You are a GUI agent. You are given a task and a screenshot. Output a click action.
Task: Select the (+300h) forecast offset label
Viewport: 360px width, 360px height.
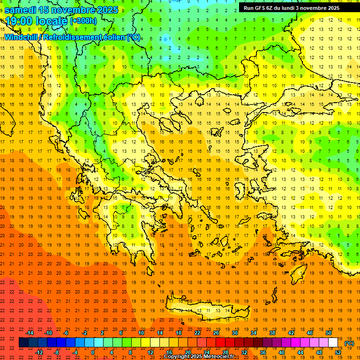(x=83, y=21)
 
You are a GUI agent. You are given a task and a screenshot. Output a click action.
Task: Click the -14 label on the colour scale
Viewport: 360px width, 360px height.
(x=30, y=333)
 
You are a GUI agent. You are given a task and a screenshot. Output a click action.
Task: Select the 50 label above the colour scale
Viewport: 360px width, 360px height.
(x=329, y=333)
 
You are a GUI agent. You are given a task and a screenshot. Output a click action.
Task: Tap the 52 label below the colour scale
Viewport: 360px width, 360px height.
(x=338, y=352)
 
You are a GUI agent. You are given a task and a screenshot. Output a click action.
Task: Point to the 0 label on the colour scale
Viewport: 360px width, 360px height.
(x=93, y=352)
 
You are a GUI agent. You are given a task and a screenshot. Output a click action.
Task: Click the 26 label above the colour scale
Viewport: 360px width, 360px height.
(x=216, y=333)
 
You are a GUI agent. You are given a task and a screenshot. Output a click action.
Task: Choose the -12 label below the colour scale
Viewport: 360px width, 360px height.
(x=39, y=352)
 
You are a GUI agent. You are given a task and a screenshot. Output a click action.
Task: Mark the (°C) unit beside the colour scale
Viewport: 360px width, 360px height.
(x=349, y=343)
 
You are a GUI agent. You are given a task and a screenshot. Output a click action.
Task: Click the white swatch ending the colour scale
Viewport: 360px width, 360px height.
(x=333, y=343)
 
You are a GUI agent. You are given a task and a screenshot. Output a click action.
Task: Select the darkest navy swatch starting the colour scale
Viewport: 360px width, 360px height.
(x=23, y=343)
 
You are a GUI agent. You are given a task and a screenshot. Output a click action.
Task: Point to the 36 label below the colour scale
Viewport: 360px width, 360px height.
(x=263, y=352)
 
